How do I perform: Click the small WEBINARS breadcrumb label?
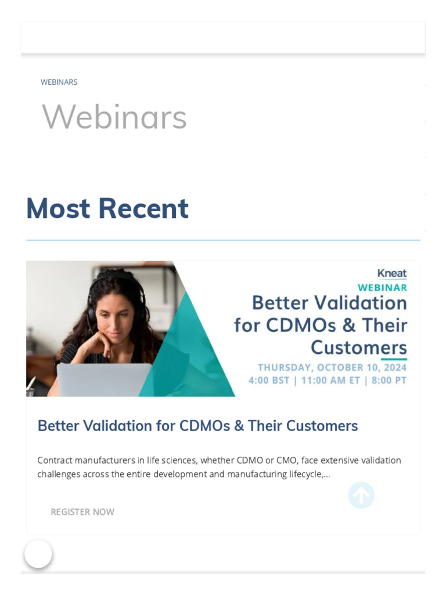[x=59, y=82]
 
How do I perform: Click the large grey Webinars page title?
[x=114, y=117]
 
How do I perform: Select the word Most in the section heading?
[x=58, y=208]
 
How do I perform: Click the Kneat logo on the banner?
[x=392, y=273]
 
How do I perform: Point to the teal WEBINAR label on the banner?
[x=382, y=287]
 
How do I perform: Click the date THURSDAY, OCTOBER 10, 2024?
[x=332, y=367]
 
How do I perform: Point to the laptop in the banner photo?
[x=105, y=380]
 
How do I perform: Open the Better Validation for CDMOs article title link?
[x=197, y=426]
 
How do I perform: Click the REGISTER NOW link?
[x=82, y=512]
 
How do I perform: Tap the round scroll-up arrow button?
[x=361, y=496]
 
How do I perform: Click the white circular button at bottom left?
[x=38, y=554]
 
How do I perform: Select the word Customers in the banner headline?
[x=358, y=347]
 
